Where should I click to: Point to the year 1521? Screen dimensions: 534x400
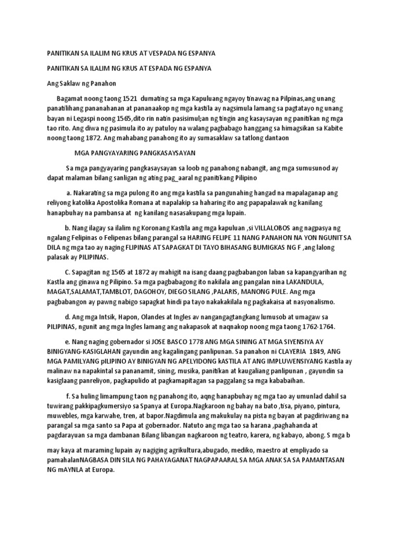pyautogui.click(x=125, y=98)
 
